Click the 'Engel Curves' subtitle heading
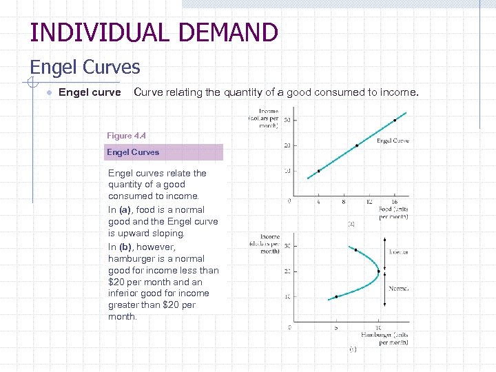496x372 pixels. pos(85,68)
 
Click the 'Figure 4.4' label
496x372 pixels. pos(126,136)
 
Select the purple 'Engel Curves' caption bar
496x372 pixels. pos(164,152)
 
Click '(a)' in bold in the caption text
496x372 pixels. pos(125,209)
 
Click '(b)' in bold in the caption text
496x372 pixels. pos(125,247)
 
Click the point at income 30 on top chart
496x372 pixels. pos(395,120)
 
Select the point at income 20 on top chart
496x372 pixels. pos(357,145)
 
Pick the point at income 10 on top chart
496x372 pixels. pos(318,171)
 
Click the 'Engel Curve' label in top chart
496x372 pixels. pos(393,141)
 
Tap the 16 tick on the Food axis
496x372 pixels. pos(395,202)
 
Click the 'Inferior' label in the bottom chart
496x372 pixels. pos(398,252)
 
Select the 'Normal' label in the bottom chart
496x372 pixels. pos(398,289)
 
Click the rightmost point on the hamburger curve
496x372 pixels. pos(379,271)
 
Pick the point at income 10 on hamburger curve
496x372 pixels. pos(336,297)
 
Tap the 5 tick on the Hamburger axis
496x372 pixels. pos(335,327)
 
